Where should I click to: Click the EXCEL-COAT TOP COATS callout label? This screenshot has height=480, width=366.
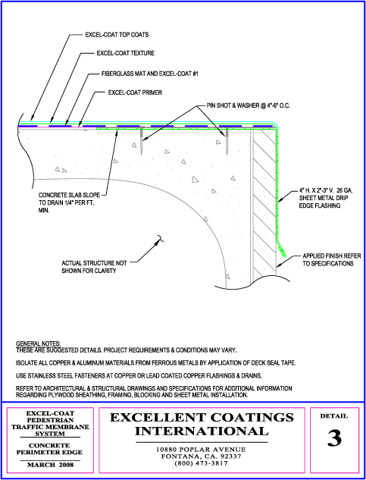click(117, 35)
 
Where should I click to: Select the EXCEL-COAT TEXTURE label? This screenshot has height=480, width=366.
click(126, 53)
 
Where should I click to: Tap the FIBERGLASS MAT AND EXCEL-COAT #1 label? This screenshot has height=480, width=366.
click(151, 74)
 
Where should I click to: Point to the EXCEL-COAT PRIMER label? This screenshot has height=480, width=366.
click(135, 93)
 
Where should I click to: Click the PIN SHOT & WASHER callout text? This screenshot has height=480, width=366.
click(248, 106)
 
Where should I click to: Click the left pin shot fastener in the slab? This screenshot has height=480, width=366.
click(142, 140)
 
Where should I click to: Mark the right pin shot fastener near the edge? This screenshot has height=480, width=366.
click(227, 140)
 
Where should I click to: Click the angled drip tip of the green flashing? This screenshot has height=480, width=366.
click(282, 249)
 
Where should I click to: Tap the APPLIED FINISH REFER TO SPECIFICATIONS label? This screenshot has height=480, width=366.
click(332, 259)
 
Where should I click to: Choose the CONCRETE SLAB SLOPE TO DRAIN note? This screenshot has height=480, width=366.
click(69, 202)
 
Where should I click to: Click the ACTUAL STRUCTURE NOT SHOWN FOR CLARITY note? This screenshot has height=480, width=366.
click(94, 267)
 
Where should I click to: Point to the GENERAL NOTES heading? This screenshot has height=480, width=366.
click(38, 344)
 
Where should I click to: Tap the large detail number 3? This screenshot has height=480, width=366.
click(334, 438)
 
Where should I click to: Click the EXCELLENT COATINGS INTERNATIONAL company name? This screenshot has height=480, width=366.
click(202, 425)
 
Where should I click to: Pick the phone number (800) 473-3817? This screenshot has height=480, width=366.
click(201, 463)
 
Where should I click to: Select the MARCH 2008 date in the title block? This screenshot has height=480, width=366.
click(50, 465)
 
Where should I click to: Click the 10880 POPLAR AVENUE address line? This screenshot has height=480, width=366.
click(201, 450)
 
